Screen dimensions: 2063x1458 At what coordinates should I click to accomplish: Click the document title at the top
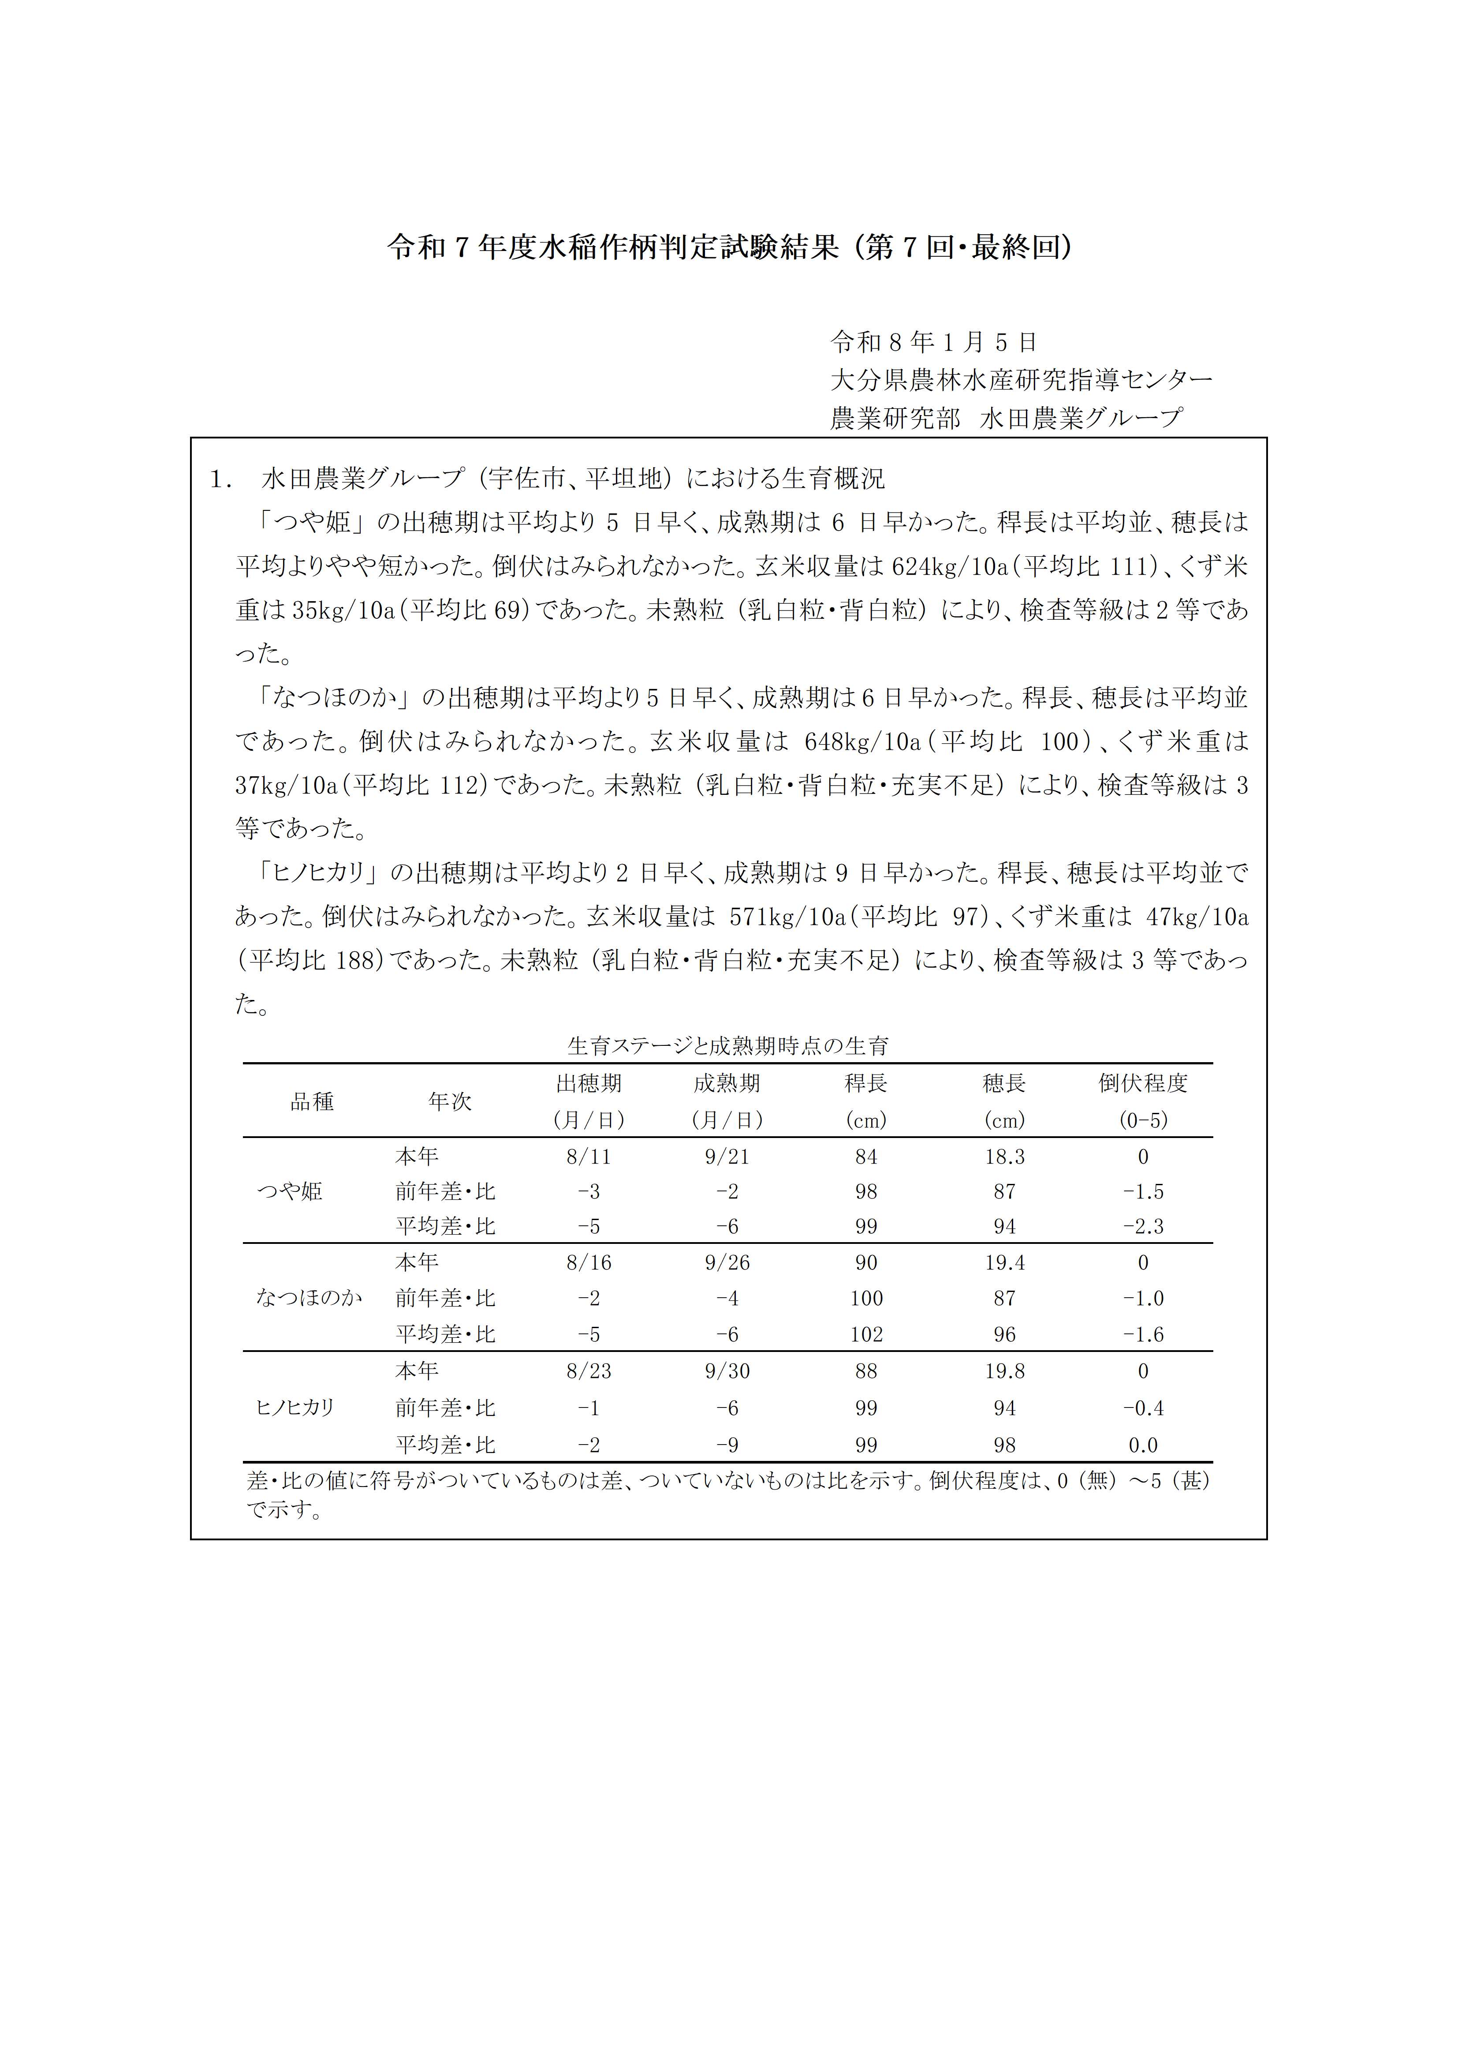[x=728, y=247]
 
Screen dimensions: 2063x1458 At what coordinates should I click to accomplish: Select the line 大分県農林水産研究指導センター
[x=1022, y=380]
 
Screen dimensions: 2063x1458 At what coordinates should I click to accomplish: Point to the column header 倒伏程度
[x=1143, y=1084]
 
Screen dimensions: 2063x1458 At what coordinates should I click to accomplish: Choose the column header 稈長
[x=866, y=1084]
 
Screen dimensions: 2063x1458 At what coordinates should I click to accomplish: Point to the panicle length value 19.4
[x=1004, y=1262]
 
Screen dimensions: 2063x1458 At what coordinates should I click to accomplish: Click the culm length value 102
[x=866, y=1334]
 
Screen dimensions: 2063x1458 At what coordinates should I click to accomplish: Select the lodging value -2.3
[x=1143, y=1227]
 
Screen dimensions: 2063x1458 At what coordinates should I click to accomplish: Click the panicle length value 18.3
[x=1004, y=1157]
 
